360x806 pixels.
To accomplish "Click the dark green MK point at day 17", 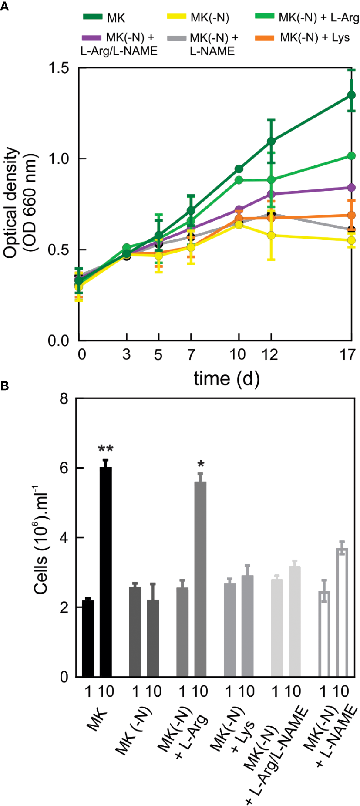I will click(x=351, y=95).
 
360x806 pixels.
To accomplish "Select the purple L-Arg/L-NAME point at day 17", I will click(x=351, y=188).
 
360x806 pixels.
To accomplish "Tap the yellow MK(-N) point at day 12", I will click(x=271, y=236).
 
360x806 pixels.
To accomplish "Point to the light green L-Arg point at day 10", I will click(x=239, y=180).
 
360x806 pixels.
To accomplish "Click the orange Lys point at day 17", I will click(x=351, y=215).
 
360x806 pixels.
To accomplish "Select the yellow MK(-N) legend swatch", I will click(x=177, y=17).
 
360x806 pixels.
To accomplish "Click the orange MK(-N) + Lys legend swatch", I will click(x=264, y=38).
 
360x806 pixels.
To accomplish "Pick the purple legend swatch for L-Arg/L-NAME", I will click(x=91, y=38).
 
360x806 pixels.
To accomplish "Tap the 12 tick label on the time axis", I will click(x=270, y=355).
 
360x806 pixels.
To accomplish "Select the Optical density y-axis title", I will click(x=20, y=202).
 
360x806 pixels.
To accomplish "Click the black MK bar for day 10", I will click(x=106, y=571).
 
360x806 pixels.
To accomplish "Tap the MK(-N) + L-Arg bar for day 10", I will click(x=200, y=579).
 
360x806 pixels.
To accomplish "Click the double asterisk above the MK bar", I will click(x=105, y=449).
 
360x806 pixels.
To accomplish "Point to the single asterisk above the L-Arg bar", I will click(x=200, y=464).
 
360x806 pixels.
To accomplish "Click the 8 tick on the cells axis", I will click(x=64, y=398).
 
